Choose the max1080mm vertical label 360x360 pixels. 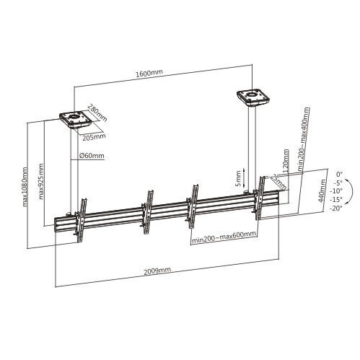[x=24, y=185]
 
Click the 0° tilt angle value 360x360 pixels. [x=340, y=174]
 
